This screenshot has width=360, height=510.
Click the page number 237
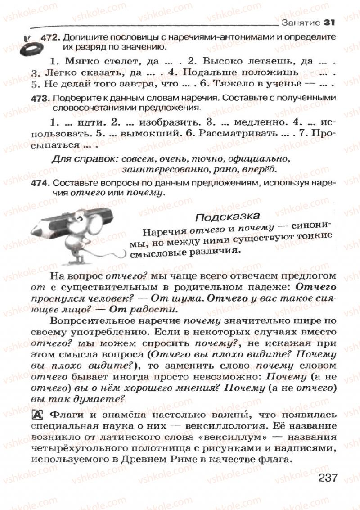point(327,478)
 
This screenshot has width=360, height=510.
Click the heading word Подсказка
point(227,217)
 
